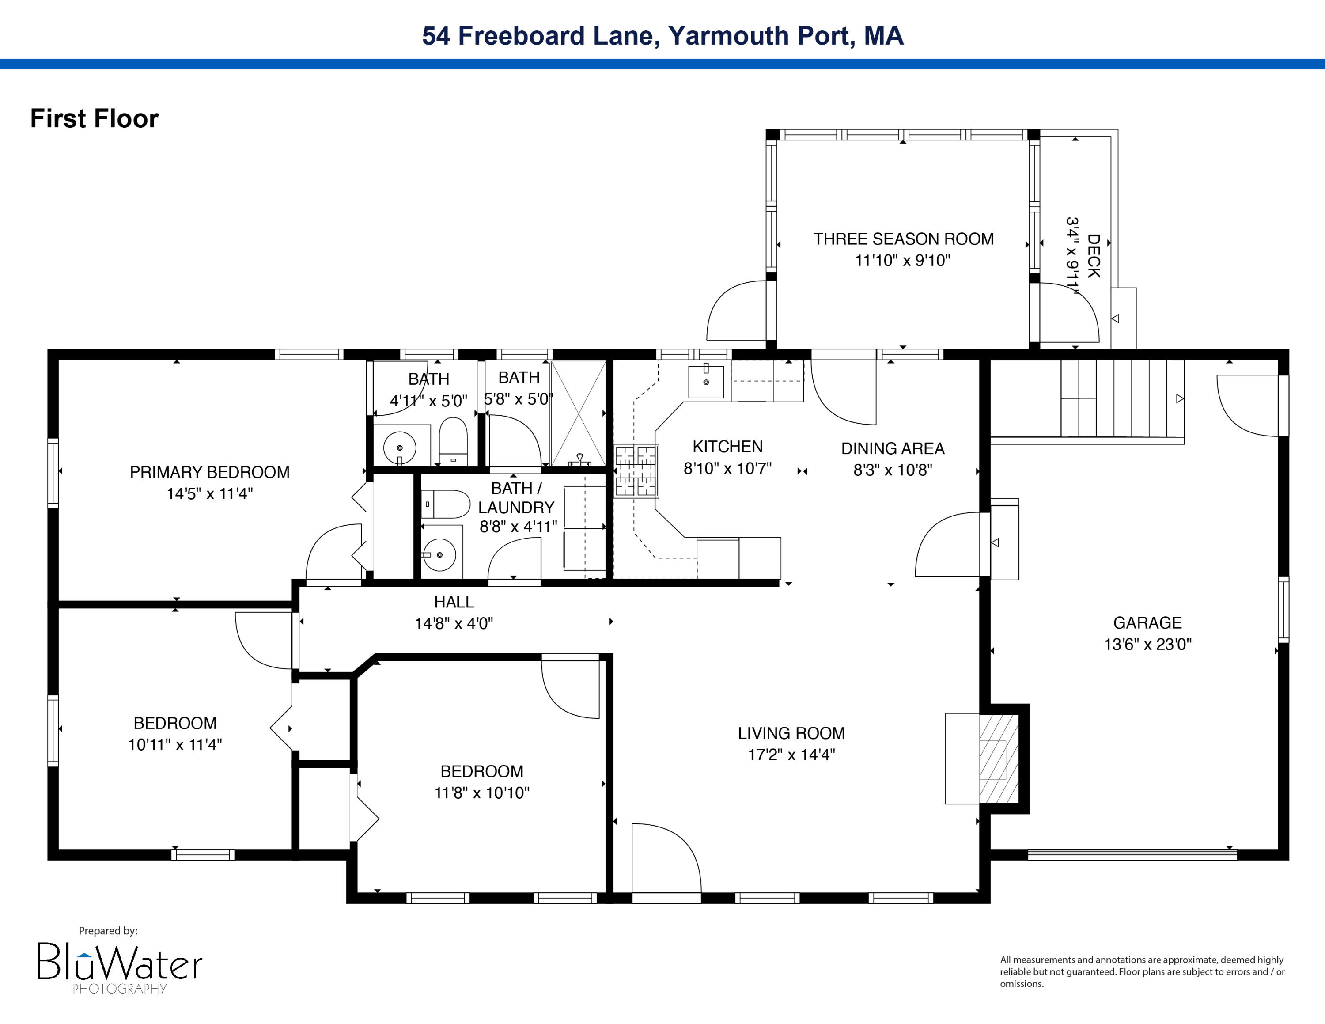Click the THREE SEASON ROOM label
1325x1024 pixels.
point(903,239)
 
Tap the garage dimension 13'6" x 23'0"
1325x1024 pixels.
point(1147,644)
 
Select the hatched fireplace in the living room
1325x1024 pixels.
point(999,759)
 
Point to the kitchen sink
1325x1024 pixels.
point(706,382)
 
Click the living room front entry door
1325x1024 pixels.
point(666,858)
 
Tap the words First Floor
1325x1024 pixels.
point(94,118)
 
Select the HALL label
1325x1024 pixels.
point(453,602)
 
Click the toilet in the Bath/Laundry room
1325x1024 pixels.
point(446,504)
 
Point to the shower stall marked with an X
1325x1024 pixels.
point(578,413)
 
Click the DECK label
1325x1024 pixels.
point(1093,256)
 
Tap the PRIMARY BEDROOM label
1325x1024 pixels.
point(209,472)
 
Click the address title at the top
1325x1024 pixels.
point(662,35)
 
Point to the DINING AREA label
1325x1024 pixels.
point(893,448)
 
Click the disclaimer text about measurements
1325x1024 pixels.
point(1142,971)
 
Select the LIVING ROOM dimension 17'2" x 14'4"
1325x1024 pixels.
point(791,755)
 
